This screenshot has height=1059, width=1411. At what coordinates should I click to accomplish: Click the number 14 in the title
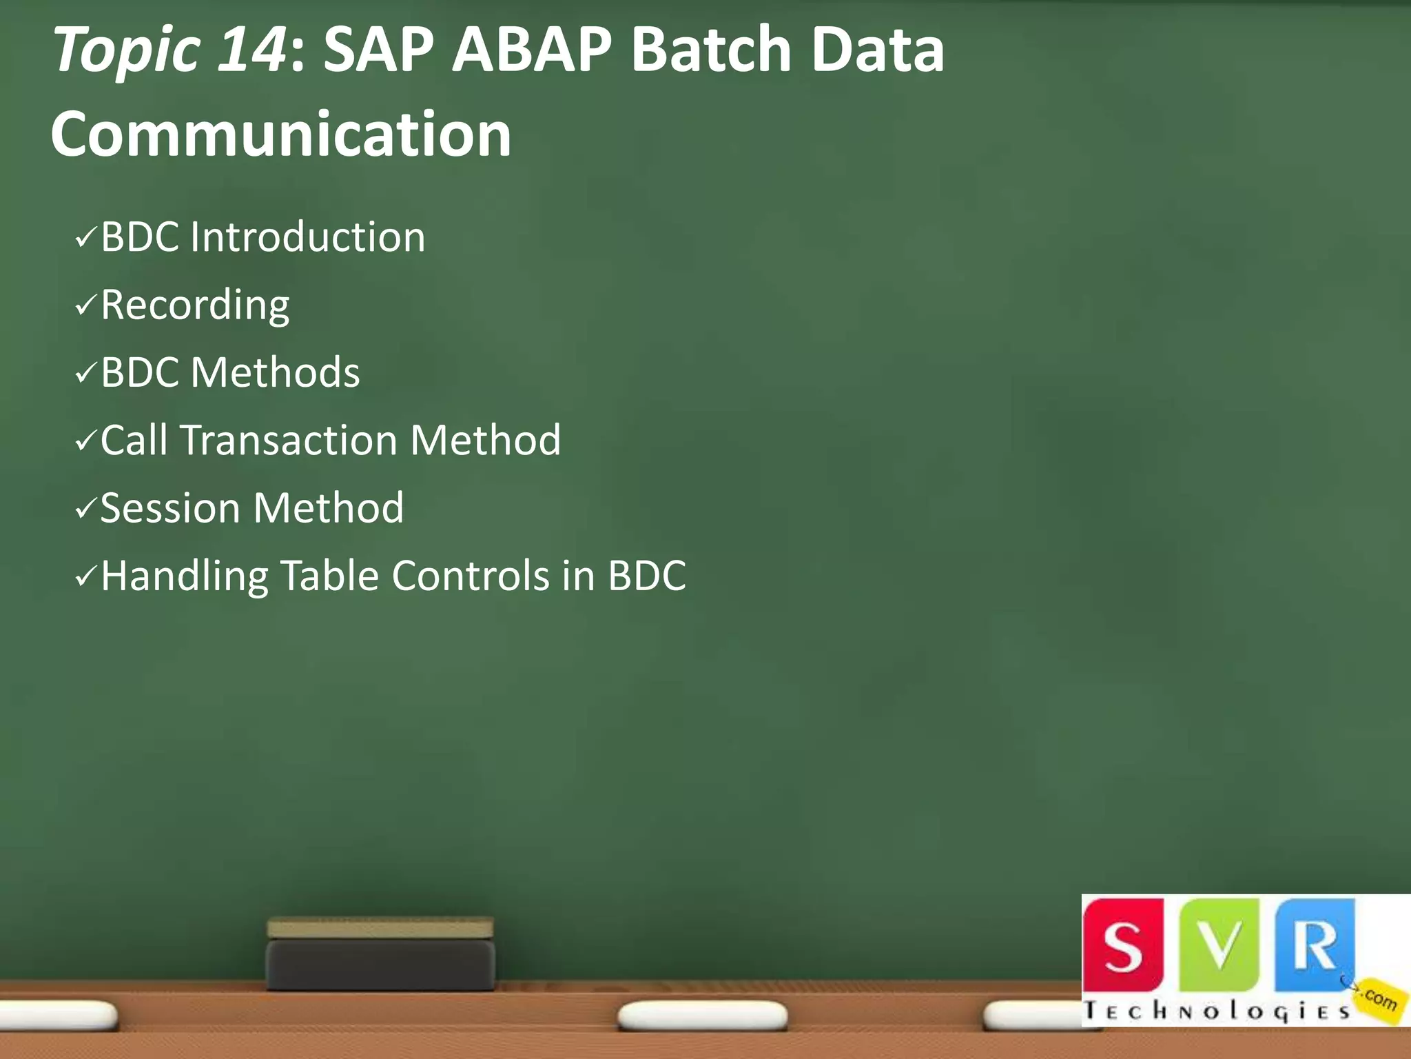(251, 50)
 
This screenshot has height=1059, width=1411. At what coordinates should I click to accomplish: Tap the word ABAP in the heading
(531, 50)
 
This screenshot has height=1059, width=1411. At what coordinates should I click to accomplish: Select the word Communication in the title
(281, 134)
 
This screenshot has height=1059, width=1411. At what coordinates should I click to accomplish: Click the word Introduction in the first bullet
(307, 237)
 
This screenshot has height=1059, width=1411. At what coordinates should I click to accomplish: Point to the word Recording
(195, 305)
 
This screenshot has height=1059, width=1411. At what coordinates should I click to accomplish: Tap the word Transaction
(289, 440)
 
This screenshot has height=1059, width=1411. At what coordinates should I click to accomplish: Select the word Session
(170, 508)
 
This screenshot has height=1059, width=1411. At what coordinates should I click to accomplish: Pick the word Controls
(471, 575)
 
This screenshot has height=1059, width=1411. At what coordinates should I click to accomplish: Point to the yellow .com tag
(1379, 998)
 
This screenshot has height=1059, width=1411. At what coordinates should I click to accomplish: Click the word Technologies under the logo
(1216, 1011)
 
